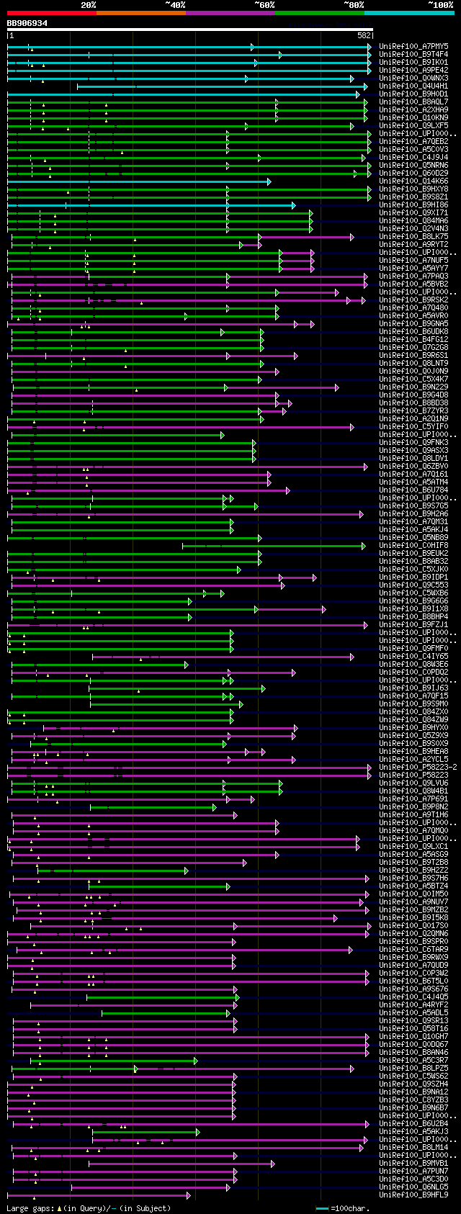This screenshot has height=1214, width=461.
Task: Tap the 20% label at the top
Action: pos(89,5)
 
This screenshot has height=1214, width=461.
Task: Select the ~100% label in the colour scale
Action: pos(440,5)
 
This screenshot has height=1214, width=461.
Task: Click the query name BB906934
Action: pos(27,23)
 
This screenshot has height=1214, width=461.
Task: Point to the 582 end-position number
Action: pos(364,35)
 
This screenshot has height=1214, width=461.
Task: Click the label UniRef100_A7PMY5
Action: pos(413,46)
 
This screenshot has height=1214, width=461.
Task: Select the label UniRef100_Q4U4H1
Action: pos(413,86)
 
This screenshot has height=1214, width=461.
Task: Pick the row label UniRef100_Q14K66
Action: pos(413,181)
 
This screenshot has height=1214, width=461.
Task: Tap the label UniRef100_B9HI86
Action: pos(413,204)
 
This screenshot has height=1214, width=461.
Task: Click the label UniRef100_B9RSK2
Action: pos(413,300)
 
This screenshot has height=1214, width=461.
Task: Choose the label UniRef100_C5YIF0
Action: pos(413,426)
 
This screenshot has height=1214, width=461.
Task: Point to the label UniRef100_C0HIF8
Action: pos(413,545)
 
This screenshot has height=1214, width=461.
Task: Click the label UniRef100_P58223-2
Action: pos(418,767)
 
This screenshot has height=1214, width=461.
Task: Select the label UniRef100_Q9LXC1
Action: pos(413,846)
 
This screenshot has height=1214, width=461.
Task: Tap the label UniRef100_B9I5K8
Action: pos(413,917)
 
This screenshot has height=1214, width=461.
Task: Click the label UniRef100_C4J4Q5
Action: pos(413,997)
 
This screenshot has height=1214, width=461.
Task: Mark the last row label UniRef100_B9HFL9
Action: pos(413,1195)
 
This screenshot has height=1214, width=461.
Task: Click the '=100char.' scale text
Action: pos(352,1208)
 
